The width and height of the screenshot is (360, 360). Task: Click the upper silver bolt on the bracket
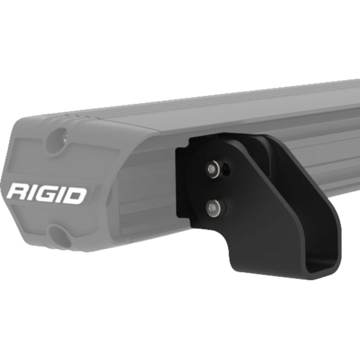[x=211, y=169]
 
